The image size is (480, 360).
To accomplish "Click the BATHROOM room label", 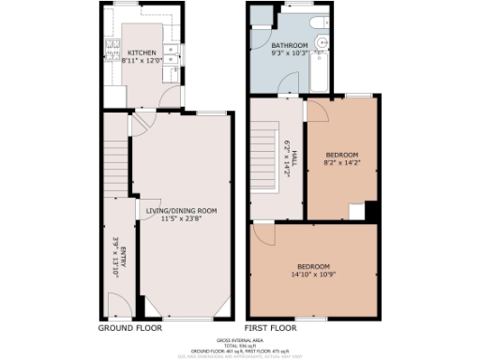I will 290,45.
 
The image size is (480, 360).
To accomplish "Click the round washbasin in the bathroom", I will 321,42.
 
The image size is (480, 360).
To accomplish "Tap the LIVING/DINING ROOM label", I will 182,211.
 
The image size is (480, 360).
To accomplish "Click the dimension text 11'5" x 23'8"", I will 182,220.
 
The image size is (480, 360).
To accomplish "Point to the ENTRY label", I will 122,255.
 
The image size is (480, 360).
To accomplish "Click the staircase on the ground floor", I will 112,164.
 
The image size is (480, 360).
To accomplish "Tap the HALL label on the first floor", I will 293,156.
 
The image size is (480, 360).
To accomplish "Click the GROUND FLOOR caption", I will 130,329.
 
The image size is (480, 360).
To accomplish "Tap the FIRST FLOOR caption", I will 271,329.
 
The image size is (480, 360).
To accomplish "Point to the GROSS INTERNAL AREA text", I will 240,339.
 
